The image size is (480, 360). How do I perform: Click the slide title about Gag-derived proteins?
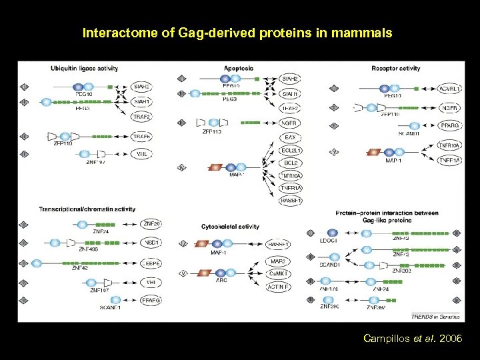pos(237,32)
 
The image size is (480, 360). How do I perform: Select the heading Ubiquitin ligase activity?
pos(84,68)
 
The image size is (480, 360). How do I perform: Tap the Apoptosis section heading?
pos(238,68)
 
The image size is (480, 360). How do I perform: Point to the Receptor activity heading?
pos(395,68)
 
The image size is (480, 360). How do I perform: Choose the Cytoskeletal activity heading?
pos(230,227)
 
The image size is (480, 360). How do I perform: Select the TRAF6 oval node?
pos(141,137)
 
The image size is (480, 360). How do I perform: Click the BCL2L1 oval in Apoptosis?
pos(290,151)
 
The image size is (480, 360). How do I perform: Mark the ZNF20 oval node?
pos(151,223)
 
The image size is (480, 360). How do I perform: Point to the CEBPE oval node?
pos(151,263)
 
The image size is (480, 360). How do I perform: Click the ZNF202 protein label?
pos(401,270)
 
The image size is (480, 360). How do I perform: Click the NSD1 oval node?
pos(151,243)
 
